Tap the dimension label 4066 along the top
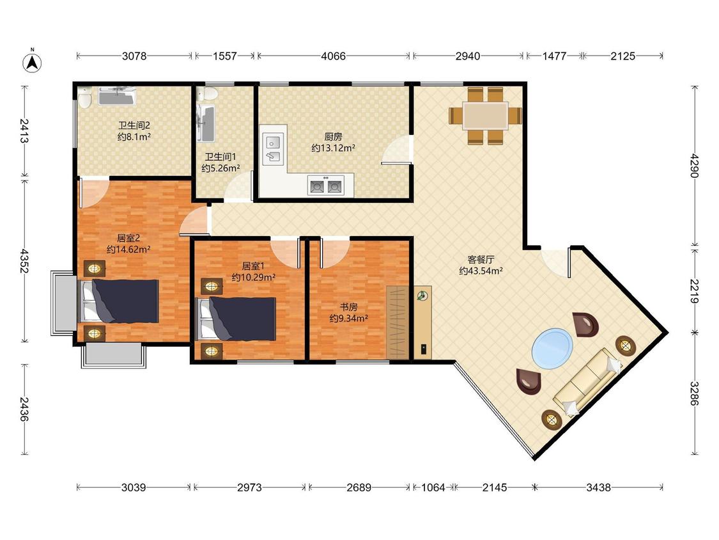click(334, 56)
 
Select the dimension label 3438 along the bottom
click(598, 487)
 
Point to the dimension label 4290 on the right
click(695, 165)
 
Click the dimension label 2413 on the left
click(24, 131)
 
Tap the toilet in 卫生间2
click(84, 97)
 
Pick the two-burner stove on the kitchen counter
click(326, 185)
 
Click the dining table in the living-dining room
click(485, 116)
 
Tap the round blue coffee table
click(553, 349)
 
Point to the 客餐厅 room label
click(481, 260)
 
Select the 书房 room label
click(348, 306)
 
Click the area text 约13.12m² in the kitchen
click(334, 148)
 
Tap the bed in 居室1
click(236, 319)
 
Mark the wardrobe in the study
click(397, 322)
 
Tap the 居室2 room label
click(128, 238)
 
